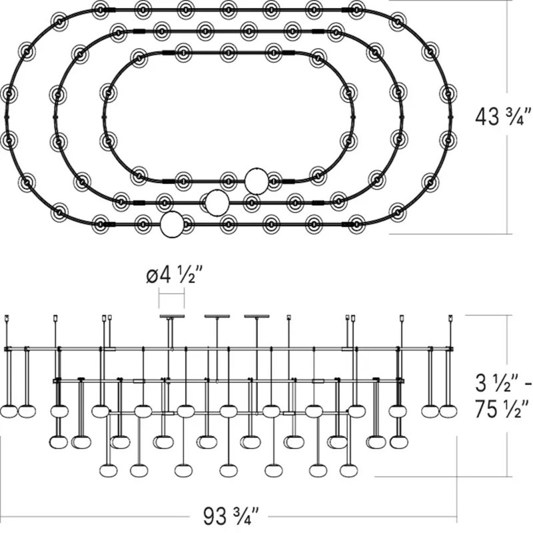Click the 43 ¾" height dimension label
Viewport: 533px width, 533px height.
click(x=502, y=117)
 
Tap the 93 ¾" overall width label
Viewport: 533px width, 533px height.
click(x=231, y=516)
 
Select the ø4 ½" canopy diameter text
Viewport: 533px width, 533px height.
click(x=175, y=275)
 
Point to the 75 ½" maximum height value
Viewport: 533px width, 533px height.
click(x=502, y=409)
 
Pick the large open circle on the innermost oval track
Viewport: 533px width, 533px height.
click(x=257, y=181)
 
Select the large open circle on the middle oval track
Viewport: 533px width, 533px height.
click(x=217, y=203)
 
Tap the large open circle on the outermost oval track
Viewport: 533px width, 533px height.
click(x=172, y=225)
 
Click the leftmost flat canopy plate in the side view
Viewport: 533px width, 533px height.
click(x=172, y=316)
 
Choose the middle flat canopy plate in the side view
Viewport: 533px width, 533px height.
click(x=217, y=316)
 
